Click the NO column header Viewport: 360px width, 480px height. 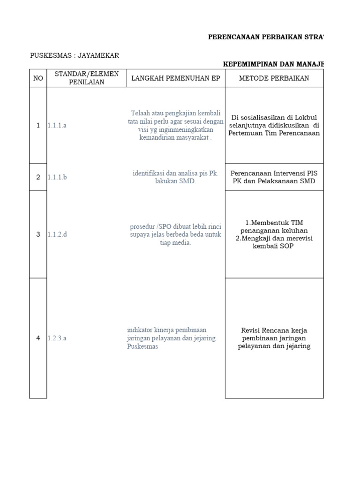[x=38, y=78]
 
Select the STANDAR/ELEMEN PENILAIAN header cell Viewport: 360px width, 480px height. [x=87, y=78]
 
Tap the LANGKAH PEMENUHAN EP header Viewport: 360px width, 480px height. [x=176, y=78]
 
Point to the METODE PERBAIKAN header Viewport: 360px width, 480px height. [x=274, y=78]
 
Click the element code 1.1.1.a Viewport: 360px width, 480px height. [x=57, y=126]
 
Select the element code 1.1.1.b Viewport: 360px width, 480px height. [x=57, y=177]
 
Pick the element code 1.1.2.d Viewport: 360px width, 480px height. [x=57, y=234]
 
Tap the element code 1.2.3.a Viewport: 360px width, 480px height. [x=57, y=338]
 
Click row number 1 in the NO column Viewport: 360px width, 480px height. [x=38, y=126]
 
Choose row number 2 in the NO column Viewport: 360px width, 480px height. [x=38, y=177]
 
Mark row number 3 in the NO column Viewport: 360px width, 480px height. [x=38, y=234]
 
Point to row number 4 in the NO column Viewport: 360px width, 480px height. [x=38, y=338]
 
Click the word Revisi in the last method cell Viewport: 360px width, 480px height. [x=251, y=330]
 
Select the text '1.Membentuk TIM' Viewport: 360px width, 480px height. [x=274, y=222]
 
